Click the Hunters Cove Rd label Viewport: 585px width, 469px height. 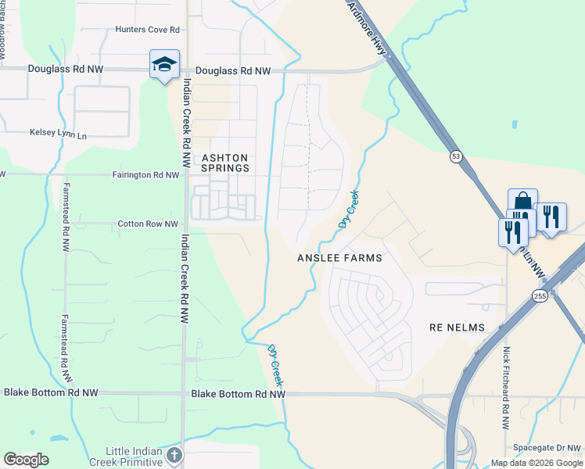[148, 30]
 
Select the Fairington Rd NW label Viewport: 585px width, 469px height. [146, 175]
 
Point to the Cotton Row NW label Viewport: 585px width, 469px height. [148, 224]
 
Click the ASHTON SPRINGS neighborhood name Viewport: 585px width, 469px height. [225, 163]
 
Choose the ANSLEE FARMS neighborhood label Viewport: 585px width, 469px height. [339, 258]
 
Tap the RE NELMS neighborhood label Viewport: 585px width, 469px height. [458, 328]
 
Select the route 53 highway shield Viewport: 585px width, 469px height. [456, 157]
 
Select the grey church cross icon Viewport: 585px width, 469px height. [174, 455]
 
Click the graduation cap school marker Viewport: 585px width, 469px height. [164, 65]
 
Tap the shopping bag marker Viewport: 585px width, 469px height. [522, 202]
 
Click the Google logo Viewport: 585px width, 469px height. [26, 460]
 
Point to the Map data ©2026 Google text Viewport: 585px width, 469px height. [537, 463]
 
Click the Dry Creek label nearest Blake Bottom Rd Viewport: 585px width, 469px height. [275, 365]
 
